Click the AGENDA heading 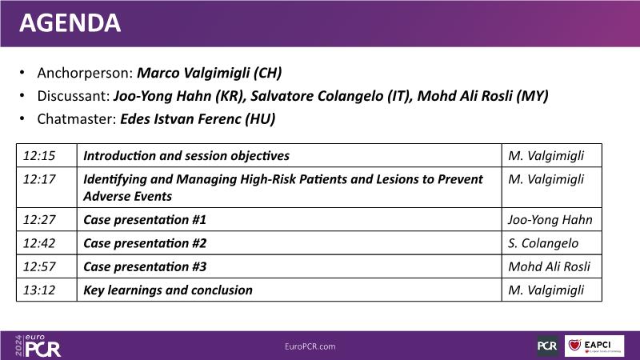(x=70, y=23)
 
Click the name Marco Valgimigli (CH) (x=209, y=73)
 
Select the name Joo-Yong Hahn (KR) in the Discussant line (x=179, y=96)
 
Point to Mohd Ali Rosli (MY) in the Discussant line (x=482, y=96)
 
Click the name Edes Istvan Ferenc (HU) (x=198, y=119)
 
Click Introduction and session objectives (x=186, y=156)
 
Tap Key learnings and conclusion (x=168, y=290)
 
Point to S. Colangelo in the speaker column (x=543, y=243)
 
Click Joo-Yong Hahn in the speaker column (x=550, y=220)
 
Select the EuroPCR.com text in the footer (x=310, y=346)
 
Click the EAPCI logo (x=594, y=346)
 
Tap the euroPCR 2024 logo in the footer (x=38, y=346)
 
